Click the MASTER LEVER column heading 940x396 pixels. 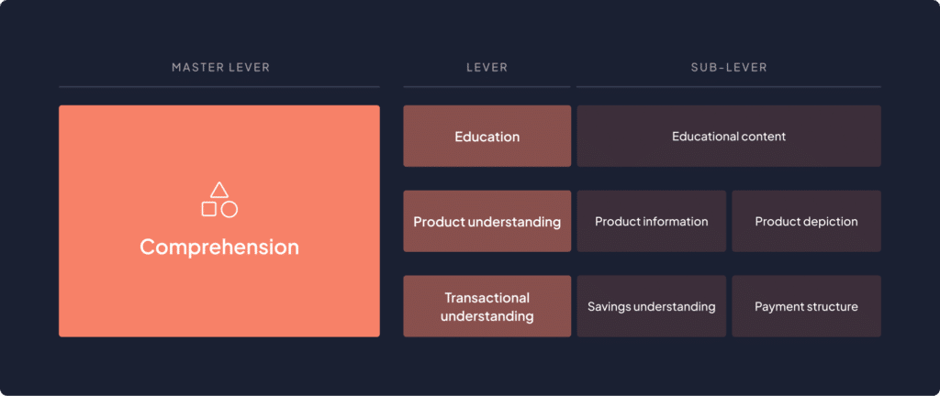(x=220, y=68)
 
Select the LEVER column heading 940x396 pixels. (x=487, y=68)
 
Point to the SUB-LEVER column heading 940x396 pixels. (x=728, y=68)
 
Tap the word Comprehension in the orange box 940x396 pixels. (x=219, y=247)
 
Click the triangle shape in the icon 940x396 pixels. (x=219, y=191)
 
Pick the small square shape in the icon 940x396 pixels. (x=208, y=209)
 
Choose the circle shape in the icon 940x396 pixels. (x=229, y=209)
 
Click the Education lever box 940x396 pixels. (x=487, y=136)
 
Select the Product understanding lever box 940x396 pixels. (x=487, y=221)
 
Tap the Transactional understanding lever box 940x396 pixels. (x=487, y=306)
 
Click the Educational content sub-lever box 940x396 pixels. (x=729, y=136)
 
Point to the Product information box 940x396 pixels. (x=652, y=221)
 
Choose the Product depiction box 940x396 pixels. (x=806, y=221)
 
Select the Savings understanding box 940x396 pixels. (x=652, y=306)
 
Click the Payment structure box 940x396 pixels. (x=806, y=306)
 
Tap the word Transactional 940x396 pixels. (x=487, y=298)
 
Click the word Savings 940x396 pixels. (x=609, y=307)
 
